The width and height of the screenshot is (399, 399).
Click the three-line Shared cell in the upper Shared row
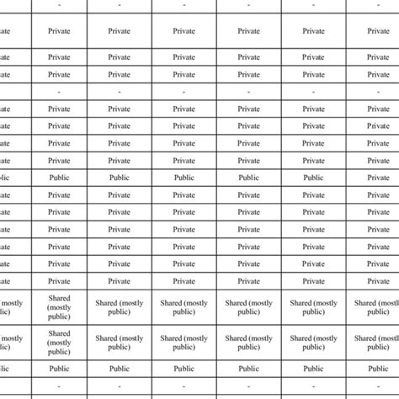coord(60,306)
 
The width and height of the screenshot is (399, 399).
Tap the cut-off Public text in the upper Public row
coord(4,178)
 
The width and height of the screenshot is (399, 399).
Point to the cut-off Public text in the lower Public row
coord(4,369)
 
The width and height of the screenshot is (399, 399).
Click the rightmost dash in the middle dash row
coord(378,91)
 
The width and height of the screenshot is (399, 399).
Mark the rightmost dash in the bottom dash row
coord(378,386)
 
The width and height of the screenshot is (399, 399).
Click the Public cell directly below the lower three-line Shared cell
coord(60,369)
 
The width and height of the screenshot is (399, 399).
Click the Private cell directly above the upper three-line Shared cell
coord(60,281)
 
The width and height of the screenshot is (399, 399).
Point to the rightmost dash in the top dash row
coord(378,5)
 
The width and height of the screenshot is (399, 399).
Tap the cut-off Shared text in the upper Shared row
coord(4,306)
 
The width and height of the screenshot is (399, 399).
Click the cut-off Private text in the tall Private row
coord(4,31)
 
